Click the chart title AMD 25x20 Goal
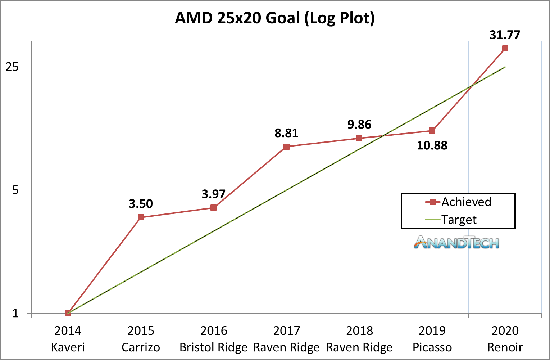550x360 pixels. (x=275, y=18)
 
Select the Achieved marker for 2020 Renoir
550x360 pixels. (x=505, y=49)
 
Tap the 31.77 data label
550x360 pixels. (x=505, y=35)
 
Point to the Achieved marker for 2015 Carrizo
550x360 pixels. (x=141, y=217)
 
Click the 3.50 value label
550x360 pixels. (x=141, y=204)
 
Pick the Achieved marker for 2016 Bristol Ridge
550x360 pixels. (x=214, y=208)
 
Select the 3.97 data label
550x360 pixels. (x=214, y=194)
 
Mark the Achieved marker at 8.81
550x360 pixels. (x=286, y=147)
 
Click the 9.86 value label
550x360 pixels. (x=359, y=125)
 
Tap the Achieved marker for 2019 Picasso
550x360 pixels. (x=432, y=131)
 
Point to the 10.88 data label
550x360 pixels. (x=432, y=145)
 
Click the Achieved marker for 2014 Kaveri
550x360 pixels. (x=68, y=313)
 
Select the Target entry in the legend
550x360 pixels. (x=459, y=220)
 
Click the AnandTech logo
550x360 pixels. (x=457, y=243)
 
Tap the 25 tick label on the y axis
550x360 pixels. (x=13, y=67)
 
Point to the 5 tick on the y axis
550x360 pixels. (x=15, y=190)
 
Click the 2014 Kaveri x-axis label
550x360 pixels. (x=68, y=339)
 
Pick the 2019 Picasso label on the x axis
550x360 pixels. (x=432, y=339)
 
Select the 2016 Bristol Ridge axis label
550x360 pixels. (x=214, y=339)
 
